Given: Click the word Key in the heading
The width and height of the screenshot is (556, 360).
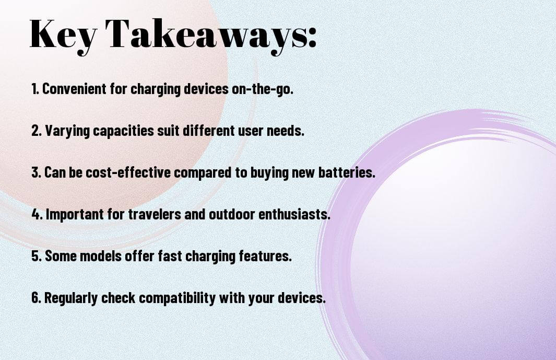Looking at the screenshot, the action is [x=63, y=36].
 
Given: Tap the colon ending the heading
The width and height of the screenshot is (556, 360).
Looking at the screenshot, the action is [x=312, y=38].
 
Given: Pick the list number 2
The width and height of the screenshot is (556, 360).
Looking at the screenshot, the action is [x=36, y=131].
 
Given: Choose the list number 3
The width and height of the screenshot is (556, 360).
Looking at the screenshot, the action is [x=36, y=172].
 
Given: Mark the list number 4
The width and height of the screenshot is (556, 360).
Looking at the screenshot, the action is [x=37, y=214].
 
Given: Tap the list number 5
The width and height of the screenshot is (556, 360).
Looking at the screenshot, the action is [x=37, y=256].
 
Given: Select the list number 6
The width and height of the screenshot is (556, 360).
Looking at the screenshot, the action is [x=37, y=298].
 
